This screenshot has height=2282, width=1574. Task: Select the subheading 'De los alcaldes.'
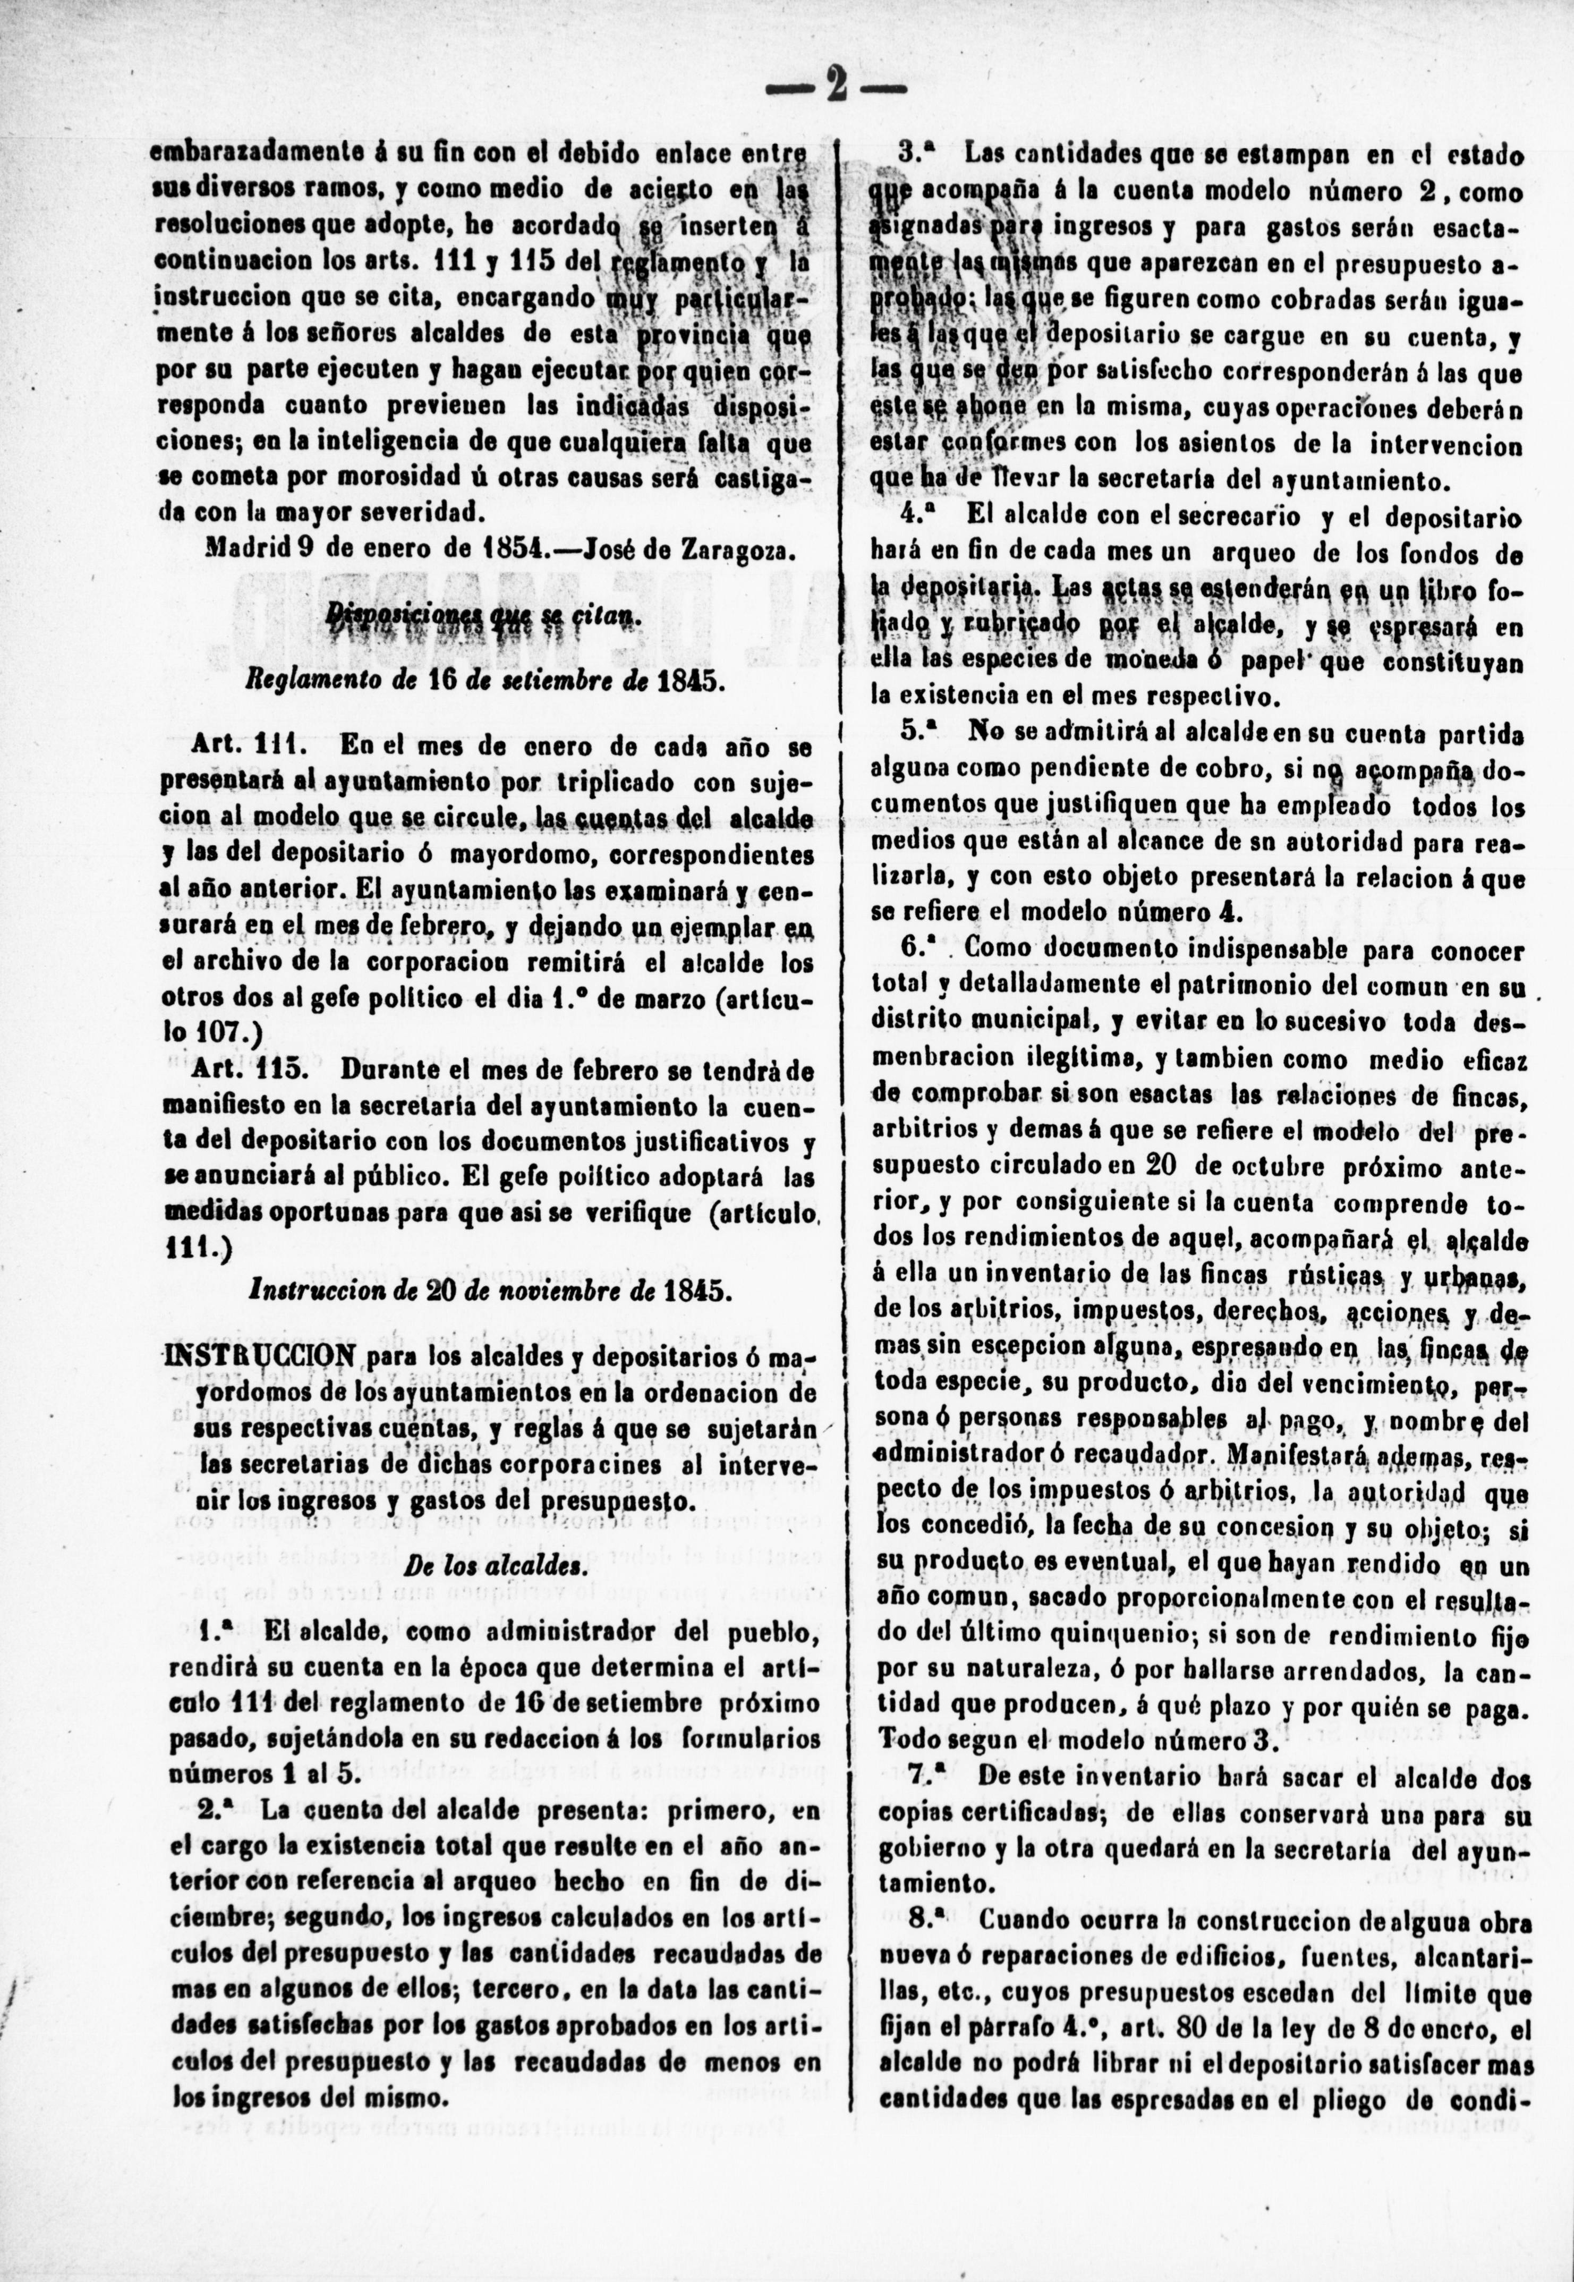coord(490,1566)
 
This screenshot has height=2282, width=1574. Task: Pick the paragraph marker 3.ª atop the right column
coord(917,154)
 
